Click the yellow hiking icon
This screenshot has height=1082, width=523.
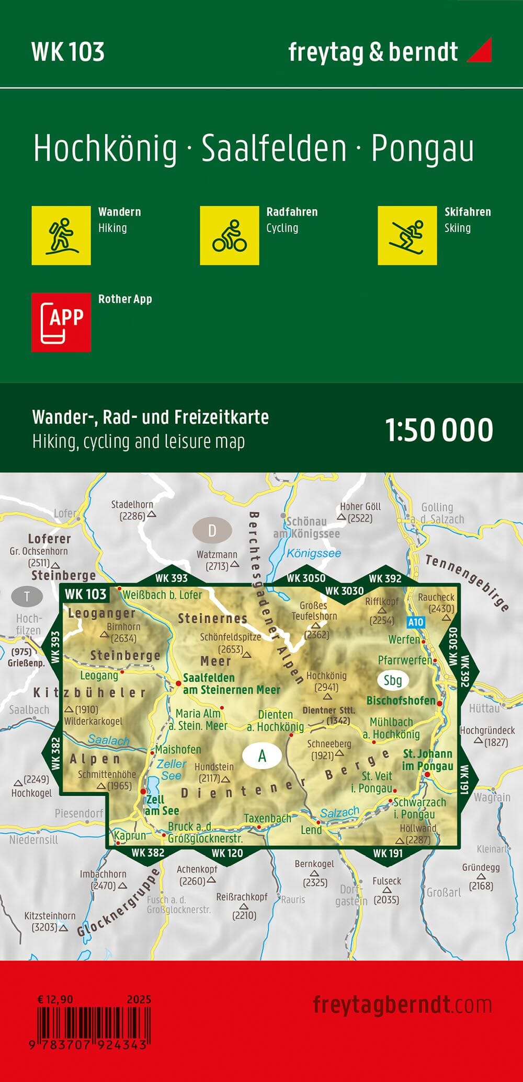click(x=61, y=235)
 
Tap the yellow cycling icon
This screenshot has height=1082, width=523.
click(x=229, y=235)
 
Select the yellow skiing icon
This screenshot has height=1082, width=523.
click(x=407, y=235)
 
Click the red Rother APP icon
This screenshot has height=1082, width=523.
click(x=61, y=322)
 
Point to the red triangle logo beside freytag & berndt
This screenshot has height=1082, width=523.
click(x=480, y=50)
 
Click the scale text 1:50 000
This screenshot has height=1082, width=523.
click(x=439, y=430)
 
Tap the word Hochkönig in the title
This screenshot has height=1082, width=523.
click(x=105, y=149)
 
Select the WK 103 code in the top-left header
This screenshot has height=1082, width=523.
click(x=68, y=52)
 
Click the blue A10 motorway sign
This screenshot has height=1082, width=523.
click(x=415, y=622)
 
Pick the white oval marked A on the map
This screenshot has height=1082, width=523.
click(x=262, y=755)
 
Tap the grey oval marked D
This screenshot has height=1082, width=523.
click(x=212, y=531)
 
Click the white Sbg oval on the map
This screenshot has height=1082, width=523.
click(x=392, y=680)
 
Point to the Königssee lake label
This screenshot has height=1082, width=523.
click(x=314, y=553)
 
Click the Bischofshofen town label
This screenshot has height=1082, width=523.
click(x=401, y=701)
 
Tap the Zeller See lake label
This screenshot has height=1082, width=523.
click(x=171, y=770)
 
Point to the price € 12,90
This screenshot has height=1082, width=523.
click(x=55, y=999)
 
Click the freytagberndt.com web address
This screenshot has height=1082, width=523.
click(x=402, y=1005)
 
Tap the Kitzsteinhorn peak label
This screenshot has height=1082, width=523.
click(x=50, y=916)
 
